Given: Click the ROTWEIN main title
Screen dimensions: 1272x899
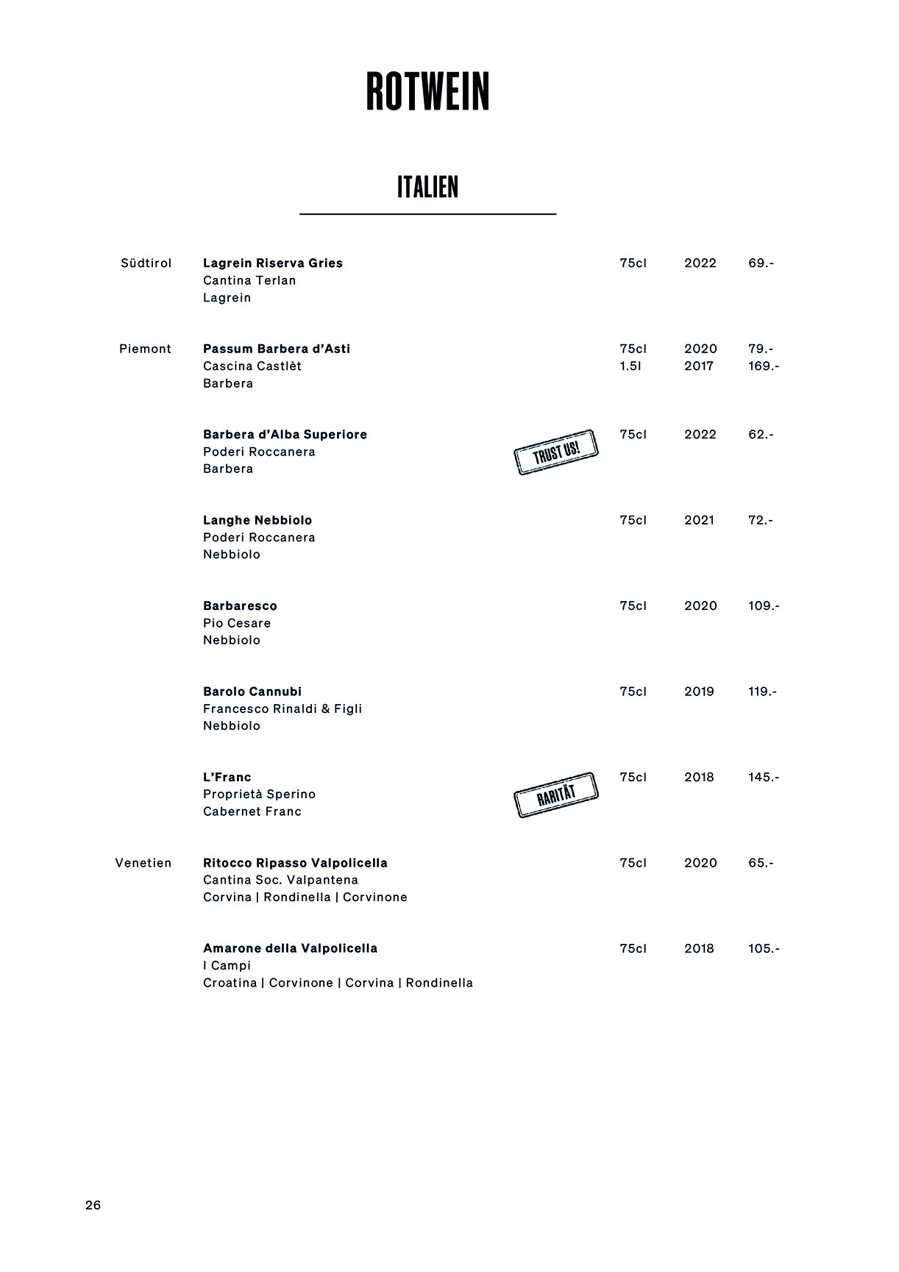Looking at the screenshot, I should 427,92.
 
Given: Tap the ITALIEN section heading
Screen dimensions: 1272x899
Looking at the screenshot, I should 427,188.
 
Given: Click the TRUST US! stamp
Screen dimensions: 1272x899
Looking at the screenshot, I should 555,452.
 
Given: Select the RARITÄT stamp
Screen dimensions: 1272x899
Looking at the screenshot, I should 555,795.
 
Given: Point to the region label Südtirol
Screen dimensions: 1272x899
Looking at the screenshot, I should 146,263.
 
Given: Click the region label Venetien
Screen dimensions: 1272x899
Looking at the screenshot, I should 143,863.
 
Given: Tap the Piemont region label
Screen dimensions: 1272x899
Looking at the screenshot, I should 145,349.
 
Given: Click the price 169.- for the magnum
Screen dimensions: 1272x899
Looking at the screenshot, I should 764,366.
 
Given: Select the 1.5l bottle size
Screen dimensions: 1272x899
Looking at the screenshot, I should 630,366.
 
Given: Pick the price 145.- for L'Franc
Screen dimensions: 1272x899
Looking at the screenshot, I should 764,778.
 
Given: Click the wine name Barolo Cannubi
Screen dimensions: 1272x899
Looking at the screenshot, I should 252,692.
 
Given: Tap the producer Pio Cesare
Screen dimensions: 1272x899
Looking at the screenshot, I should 237,623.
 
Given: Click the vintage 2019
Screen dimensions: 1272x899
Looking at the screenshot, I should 699,692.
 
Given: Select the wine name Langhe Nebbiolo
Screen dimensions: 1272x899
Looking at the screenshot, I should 257,520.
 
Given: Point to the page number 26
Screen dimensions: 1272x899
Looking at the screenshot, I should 93,1205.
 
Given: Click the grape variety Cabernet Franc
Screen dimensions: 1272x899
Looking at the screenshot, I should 252,811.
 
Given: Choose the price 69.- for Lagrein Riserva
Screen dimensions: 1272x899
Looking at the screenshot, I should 761,263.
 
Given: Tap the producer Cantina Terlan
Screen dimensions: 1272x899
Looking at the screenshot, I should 249,280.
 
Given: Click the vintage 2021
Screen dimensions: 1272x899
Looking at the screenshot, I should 699,520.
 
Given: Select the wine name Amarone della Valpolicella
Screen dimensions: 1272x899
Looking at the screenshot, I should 290,948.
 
